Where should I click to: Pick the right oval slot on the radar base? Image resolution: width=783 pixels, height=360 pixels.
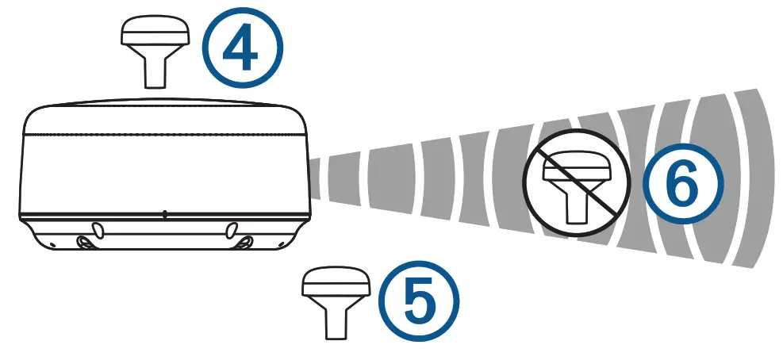[x=231, y=229]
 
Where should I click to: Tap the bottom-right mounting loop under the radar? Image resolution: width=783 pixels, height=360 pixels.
[x=245, y=241]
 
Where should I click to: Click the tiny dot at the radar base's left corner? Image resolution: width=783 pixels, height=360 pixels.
[x=46, y=238]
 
